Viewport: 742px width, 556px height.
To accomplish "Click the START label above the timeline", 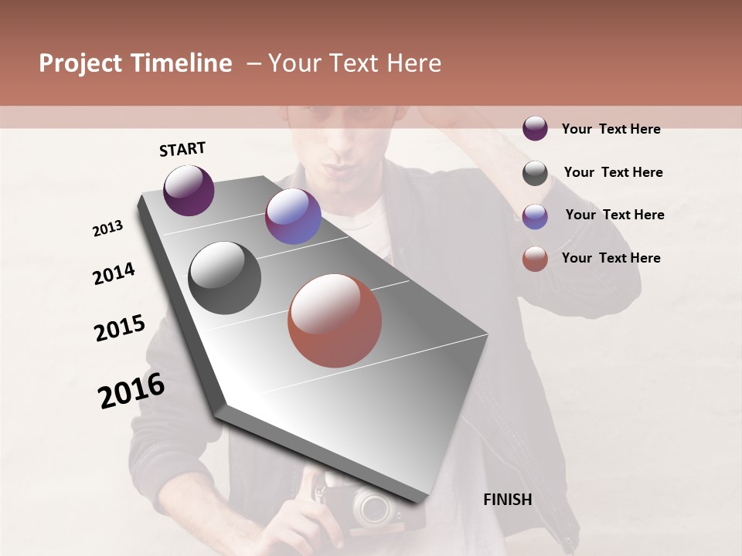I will coord(182,149).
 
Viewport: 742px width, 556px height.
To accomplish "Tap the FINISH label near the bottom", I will coord(508,500).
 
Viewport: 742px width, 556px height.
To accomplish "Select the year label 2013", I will coord(108,229).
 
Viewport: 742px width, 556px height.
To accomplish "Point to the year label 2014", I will coord(114,273).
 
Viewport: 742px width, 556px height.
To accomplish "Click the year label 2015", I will coord(120,328).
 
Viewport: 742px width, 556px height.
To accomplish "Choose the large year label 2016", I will coord(132,391).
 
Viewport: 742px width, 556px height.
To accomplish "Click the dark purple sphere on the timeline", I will coord(189,190).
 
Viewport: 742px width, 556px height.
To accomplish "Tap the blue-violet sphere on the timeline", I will coord(293,216).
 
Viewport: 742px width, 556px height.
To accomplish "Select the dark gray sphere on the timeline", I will coord(225,278).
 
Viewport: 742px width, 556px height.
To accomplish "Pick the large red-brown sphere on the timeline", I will coord(335,320).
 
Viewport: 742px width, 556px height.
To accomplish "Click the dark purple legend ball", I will coord(535,128).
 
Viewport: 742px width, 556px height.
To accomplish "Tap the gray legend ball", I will coord(535,173).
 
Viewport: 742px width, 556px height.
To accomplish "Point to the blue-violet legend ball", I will coord(535,216).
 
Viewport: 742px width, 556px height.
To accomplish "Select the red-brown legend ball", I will coord(535,259).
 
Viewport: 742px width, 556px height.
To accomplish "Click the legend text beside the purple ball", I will coord(611,129).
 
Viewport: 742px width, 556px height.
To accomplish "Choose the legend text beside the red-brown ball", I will coord(611,258).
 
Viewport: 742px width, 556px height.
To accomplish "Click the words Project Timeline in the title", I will coord(135,63).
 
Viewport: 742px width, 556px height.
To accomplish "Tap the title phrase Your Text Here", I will coord(355,63).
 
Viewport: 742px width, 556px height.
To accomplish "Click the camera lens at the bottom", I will coord(375,507).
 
